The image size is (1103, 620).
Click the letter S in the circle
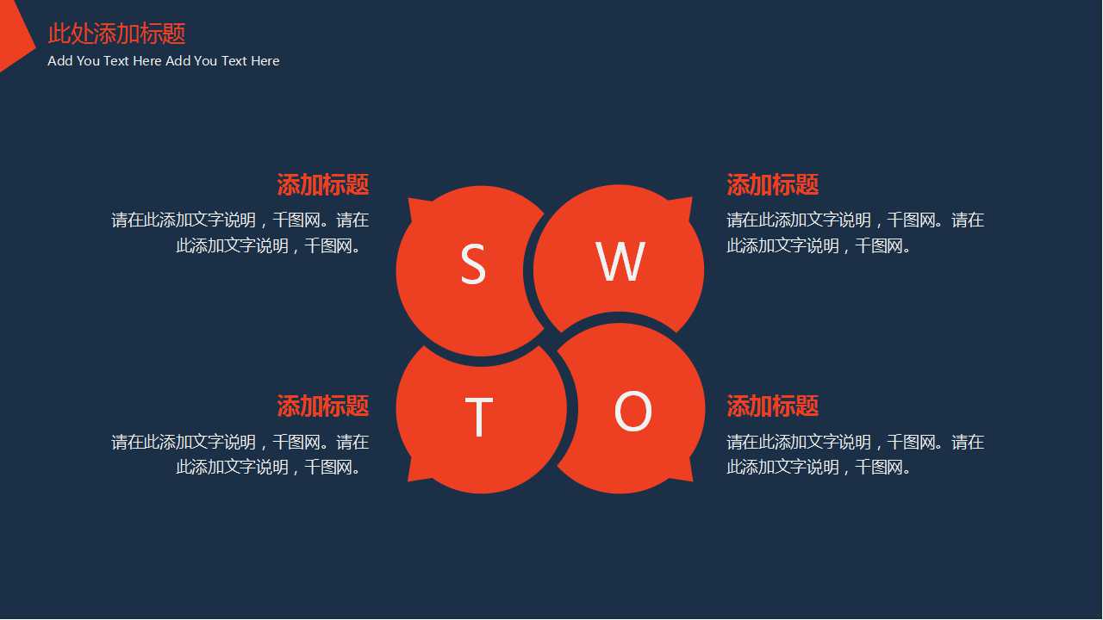473,264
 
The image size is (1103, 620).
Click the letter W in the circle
620,262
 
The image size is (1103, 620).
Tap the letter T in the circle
478,417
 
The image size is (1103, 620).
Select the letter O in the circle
633,412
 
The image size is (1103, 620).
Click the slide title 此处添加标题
116,34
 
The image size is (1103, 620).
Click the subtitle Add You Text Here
164,61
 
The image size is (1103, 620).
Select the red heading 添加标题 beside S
323,184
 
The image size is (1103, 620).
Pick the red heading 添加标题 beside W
772,184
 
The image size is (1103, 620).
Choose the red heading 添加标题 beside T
323,406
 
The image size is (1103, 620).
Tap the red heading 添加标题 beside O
772,406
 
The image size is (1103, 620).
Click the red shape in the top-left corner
12,36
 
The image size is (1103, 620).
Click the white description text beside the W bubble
855,232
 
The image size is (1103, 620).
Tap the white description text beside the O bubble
855,455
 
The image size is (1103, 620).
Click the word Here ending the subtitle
265,61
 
